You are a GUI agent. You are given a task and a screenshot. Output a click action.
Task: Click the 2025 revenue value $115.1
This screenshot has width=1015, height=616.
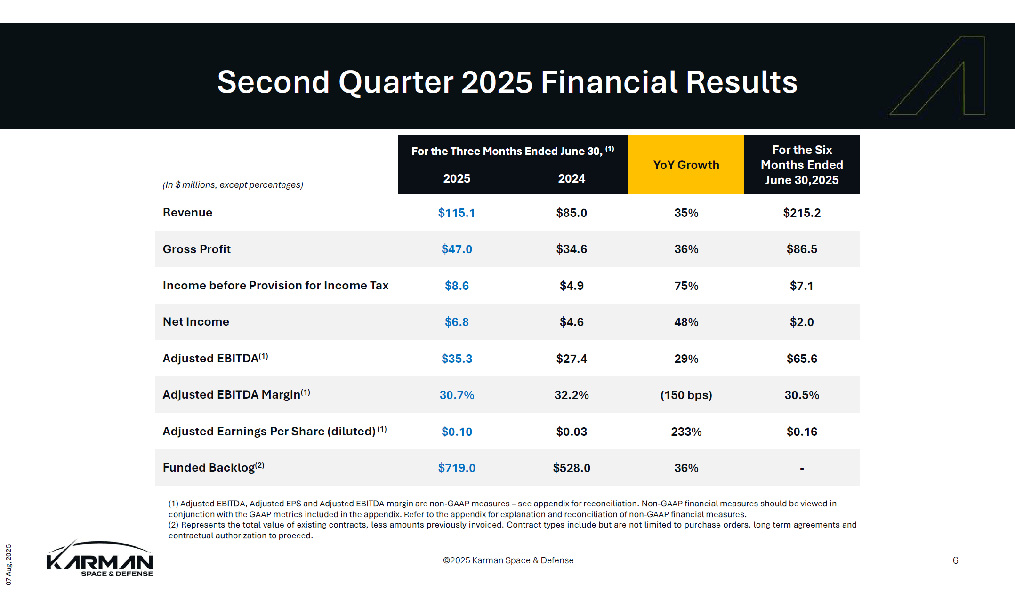tap(456, 213)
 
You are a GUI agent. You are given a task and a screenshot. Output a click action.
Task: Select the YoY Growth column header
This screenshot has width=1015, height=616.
tap(686, 165)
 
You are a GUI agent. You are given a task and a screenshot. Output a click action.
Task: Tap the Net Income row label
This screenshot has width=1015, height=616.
tap(196, 322)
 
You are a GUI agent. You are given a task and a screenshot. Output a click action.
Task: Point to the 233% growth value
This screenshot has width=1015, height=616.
tap(686, 432)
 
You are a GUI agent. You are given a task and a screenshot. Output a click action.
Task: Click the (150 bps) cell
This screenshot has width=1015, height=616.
tap(686, 395)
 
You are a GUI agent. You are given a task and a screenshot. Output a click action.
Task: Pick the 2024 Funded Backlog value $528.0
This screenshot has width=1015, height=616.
tap(571, 468)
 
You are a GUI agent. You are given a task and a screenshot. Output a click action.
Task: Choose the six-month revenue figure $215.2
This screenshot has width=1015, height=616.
tap(801, 213)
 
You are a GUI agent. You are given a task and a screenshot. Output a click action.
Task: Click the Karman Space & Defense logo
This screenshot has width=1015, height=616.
tap(100, 559)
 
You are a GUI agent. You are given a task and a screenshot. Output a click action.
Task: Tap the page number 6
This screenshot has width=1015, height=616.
tap(955, 560)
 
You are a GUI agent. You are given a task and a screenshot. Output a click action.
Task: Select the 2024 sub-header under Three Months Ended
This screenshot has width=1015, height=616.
tap(571, 178)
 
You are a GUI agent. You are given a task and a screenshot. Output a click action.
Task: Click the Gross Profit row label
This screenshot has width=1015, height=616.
tap(196, 249)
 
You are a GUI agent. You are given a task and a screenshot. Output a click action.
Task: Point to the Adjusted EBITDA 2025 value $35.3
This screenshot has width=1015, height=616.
tap(456, 359)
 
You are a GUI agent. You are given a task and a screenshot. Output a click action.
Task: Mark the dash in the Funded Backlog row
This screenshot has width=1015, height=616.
tap(801, 468)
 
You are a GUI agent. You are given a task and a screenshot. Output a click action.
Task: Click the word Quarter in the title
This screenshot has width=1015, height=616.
tap(395, 82)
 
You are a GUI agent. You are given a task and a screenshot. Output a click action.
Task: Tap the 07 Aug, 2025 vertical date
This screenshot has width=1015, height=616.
tap(8, 564)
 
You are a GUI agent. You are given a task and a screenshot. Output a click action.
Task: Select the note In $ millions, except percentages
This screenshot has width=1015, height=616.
tap(233, 185)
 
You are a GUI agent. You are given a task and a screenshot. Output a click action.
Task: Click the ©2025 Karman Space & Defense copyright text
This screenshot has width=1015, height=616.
tap(508, 560)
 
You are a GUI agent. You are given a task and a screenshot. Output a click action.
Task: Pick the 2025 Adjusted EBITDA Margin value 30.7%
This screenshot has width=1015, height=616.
tap(456, 395)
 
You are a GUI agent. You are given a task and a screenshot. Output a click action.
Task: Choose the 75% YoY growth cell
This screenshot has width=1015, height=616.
tap(686, 286)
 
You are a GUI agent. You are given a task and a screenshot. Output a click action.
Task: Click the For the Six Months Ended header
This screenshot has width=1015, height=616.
tap(801, 165)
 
